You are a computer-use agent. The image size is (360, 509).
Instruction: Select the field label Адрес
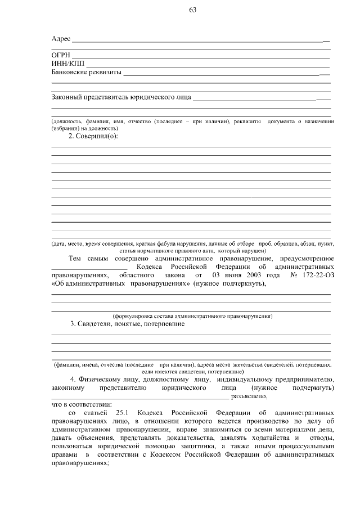pos(61,39)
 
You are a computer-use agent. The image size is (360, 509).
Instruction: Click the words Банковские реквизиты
pos(87,72)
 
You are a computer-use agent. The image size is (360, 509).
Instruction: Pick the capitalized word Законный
pos(67,98)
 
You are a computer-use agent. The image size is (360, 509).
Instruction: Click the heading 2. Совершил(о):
pos(93,137)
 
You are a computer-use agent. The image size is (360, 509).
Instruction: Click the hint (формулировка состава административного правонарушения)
pos(193,316)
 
